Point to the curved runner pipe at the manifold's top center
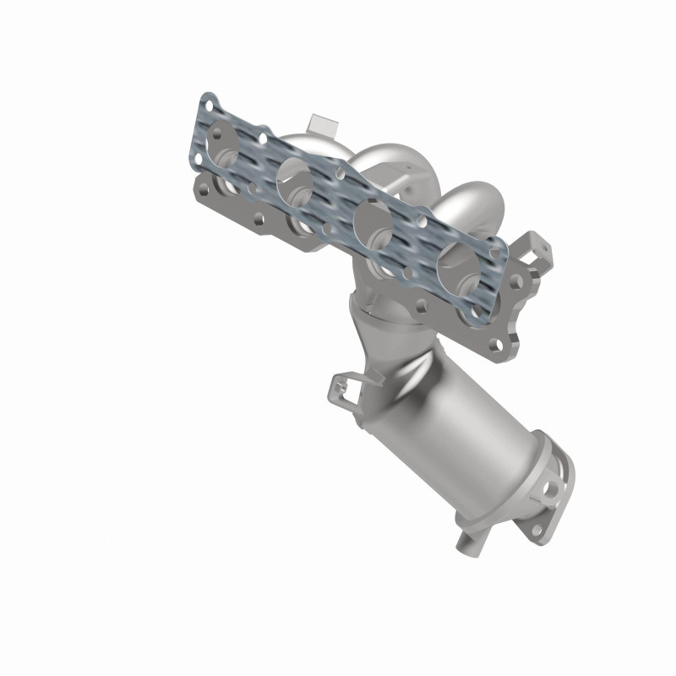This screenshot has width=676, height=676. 397,165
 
